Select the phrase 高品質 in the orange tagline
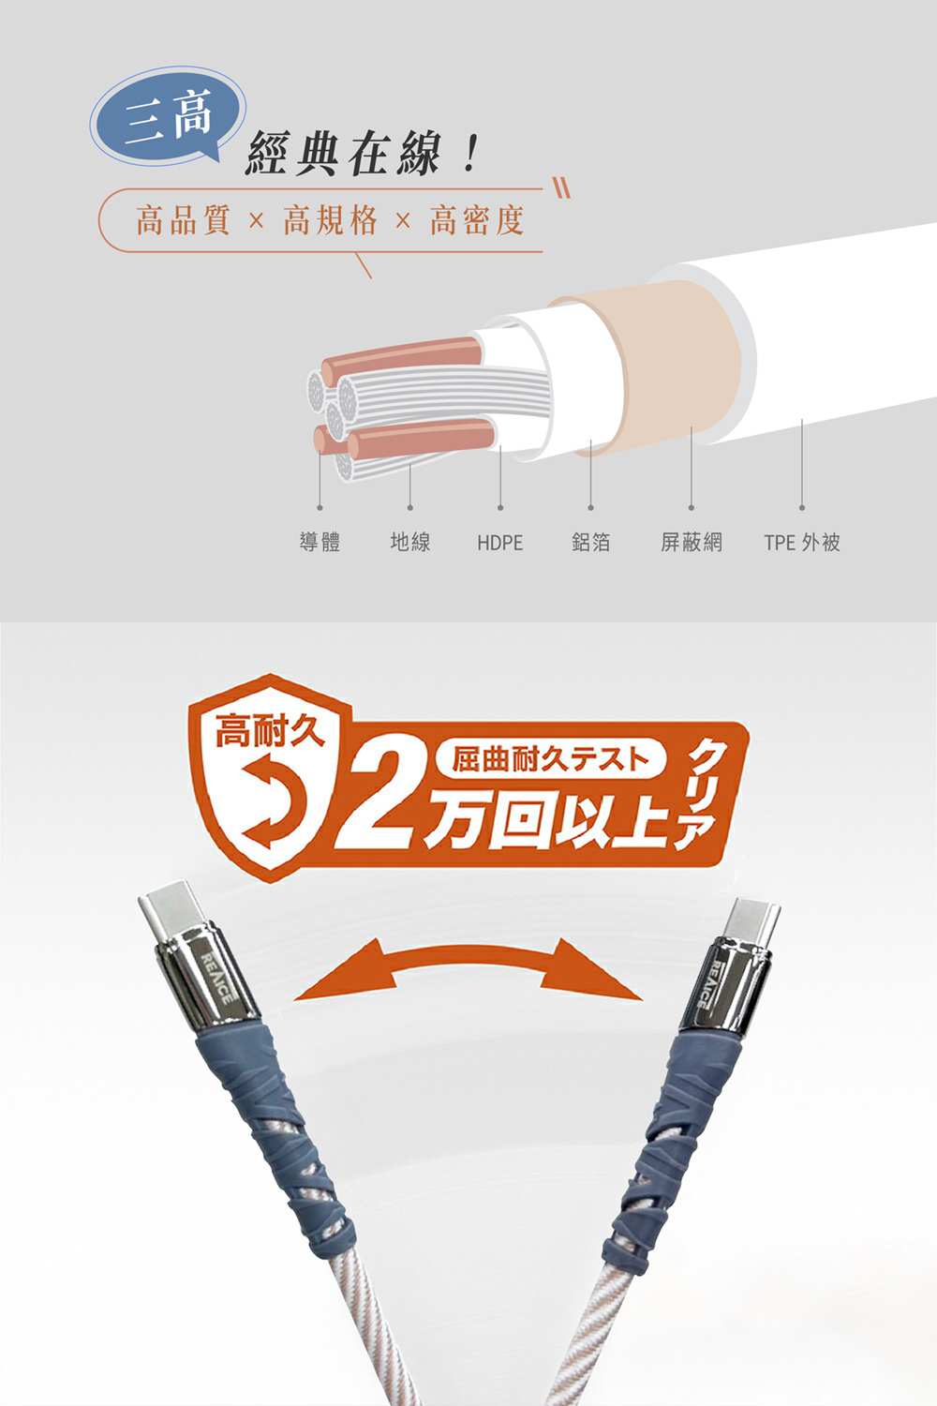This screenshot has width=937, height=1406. [x=183, y=220]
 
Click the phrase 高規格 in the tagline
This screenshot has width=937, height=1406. [x=330, y=220]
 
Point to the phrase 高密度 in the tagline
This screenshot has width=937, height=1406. [x=477, y=220]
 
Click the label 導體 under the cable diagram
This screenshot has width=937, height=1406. [x=320, y=542]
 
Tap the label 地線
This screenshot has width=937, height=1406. [x=409, y=542]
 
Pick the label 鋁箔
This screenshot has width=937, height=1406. [x=590, y=542]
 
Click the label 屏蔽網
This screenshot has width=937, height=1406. [x=691, y=542]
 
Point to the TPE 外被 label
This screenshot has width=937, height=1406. [x=802, y=542]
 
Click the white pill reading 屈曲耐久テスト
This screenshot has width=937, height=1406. [x=550, y=759]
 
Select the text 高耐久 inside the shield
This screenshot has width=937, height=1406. [x=270, y=731]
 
